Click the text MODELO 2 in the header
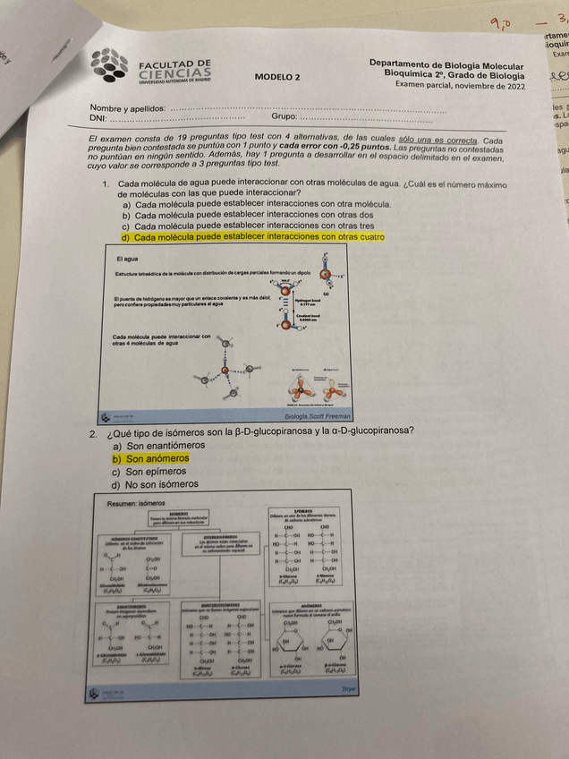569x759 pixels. (276, 78)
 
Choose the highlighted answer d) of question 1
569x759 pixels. (253, 237)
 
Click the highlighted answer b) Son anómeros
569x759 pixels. (151, 458)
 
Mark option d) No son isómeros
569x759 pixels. (156, 484)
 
